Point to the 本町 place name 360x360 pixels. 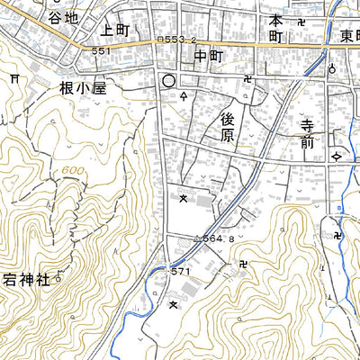pyautogui.click(x=276, y=31)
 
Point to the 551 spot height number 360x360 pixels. pyautogui.click(x=101, y=52)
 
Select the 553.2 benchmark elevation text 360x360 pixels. pyautogui.click(x=176, y=40)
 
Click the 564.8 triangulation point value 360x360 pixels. pyautogui.click(x=218, y=239)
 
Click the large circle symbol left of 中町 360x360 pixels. pyautogui.click(x=167, y=81)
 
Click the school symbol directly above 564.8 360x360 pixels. pyautogui.click(x=184, y=196)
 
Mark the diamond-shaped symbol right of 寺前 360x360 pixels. pyautogui.click(x=337, y=157)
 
